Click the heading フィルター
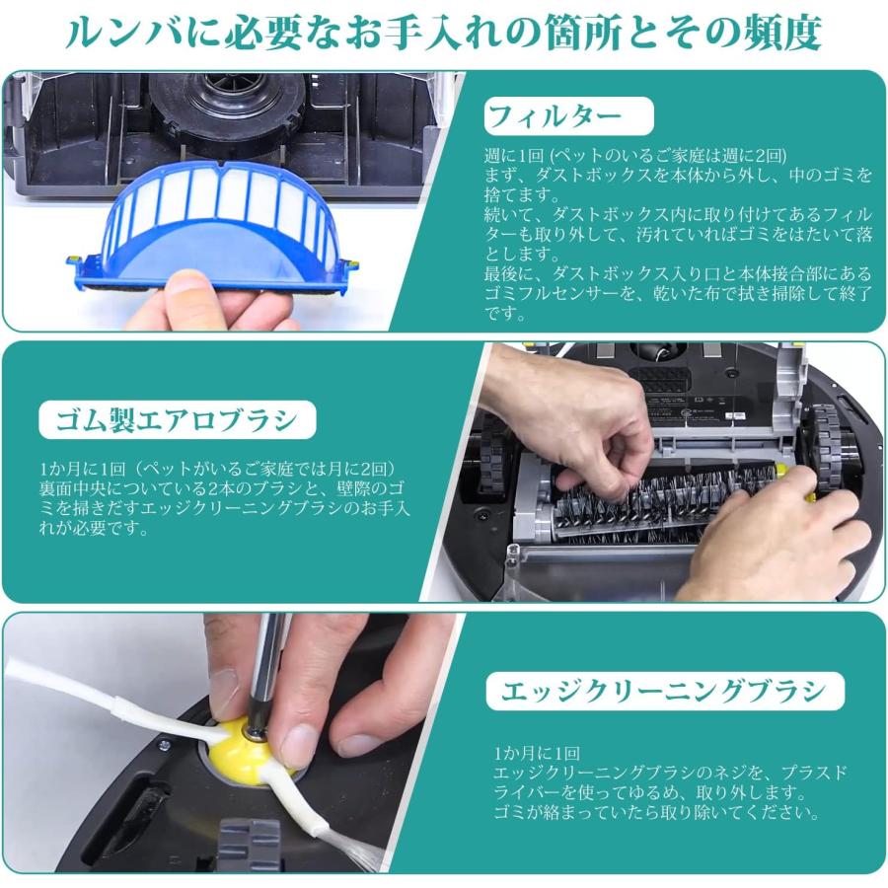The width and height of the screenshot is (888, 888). pos(567,116)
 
